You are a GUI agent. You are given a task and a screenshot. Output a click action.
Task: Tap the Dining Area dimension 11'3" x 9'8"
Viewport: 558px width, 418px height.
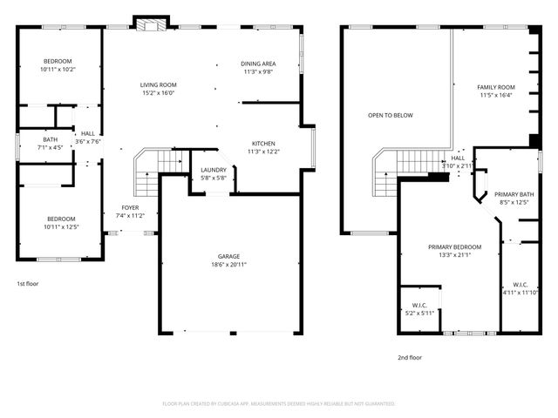(259, 72)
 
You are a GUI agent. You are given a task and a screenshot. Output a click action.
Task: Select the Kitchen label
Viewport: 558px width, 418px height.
(263, 143)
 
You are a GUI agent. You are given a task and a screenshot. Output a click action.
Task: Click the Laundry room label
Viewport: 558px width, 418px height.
(214, 170)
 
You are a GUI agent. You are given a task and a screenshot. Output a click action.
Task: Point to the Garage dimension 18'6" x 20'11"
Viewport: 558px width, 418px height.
(229, 264)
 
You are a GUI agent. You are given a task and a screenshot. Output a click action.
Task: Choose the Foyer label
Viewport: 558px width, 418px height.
(130, 207)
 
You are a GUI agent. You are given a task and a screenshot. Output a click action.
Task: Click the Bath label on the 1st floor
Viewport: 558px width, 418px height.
(51, 139)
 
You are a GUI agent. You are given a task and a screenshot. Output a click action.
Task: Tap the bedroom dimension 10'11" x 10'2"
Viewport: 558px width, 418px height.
(59, 69)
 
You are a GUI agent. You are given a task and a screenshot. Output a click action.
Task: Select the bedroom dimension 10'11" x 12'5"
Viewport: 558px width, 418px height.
(61, 226)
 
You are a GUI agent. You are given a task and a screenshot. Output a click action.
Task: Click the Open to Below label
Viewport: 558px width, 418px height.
(390, 115)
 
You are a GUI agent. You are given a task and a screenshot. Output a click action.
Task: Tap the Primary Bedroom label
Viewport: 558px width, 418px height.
(454, 246)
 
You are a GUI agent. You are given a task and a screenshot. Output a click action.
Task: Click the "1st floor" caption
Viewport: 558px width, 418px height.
(27, 283)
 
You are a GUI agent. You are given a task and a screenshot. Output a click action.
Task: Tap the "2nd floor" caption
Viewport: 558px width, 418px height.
(410, 357)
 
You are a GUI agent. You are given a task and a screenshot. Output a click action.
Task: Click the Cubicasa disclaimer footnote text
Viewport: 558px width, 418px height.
(279, 404)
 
